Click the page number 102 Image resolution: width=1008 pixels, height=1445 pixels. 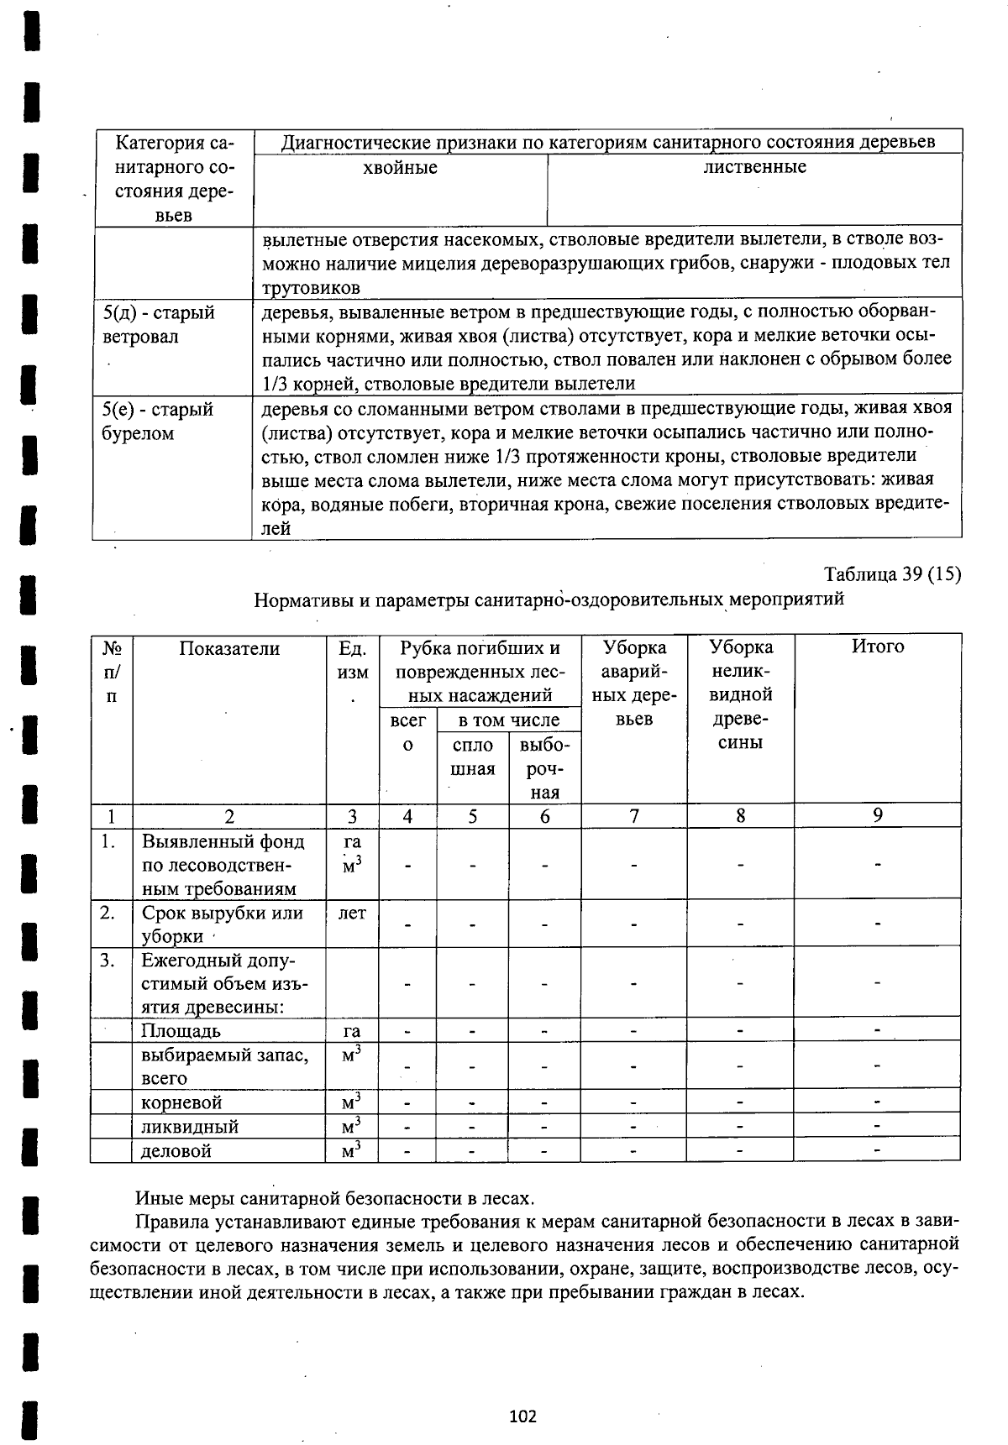pos(522,1416)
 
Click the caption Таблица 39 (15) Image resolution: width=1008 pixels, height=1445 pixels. pos(892,574)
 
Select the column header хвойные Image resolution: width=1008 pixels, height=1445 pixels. pos(400,168)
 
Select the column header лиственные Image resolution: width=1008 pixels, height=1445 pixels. pos(754,167)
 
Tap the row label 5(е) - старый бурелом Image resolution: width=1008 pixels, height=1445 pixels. pos(157,421)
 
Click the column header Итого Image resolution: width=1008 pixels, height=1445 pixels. pos(877,647)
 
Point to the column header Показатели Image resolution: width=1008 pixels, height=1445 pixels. pos(229,648)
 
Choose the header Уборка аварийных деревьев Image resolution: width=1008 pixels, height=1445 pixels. pos(634,683)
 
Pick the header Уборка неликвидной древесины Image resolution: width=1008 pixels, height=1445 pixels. pos(741,694)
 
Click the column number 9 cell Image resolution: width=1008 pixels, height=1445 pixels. pos(877,815)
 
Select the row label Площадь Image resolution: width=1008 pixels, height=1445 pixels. pos(181,1030)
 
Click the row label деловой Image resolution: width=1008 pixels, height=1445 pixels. pos(176,1150)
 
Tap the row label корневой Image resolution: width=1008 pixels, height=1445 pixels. pos(182,1102)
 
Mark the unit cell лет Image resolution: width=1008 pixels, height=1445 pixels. pos(352,913)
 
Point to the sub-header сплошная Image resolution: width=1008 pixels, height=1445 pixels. pos(473,757)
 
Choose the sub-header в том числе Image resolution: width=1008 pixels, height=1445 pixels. pos(508,720)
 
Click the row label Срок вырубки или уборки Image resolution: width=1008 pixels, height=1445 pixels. pos(222,924)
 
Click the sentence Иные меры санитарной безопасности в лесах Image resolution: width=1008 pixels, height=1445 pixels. pos(334,1197)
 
